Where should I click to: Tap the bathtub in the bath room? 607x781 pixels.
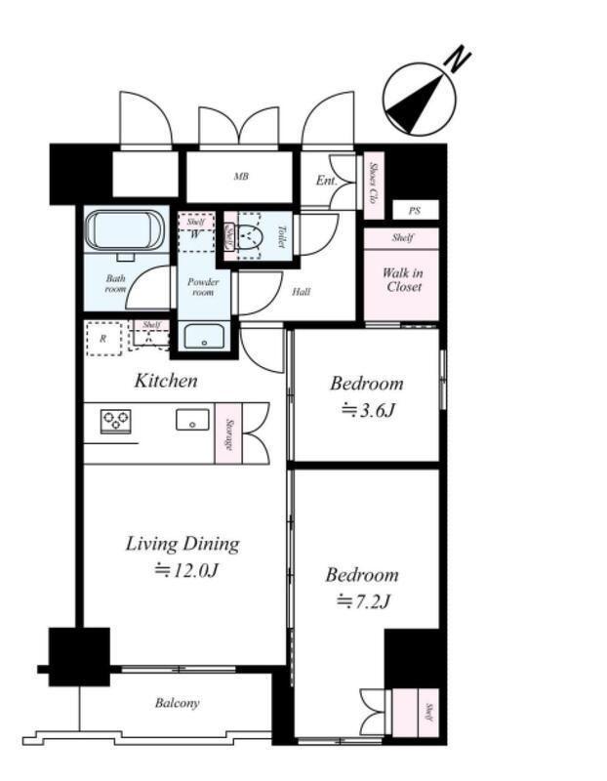[x=125, y=231]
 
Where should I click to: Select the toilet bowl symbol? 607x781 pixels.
[x=249, y=236]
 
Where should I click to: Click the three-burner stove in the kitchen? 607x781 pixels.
[x=116, y=422]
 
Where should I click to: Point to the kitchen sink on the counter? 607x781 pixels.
[x=192, y=420]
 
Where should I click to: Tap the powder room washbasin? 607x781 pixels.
[x=204, y=336]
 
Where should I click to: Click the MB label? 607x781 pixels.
[x=241, y=177]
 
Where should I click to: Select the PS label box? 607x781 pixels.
[x=416, y=210]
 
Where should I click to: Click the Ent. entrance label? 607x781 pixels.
[x=327, y=181]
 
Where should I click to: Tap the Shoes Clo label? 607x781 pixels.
[x=373, y=184]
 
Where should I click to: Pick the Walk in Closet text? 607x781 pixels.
[x=403, y=279]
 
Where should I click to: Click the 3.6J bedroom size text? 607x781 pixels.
[x=368, y=410]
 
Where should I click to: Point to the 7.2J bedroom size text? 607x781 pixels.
[x=363, y=601]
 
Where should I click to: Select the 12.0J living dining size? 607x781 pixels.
[x=186, y=570]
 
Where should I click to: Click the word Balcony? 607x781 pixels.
[x=178, y=703]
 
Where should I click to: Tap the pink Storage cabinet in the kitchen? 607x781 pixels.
[x=228, y=433]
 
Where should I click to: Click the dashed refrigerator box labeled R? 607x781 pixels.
[x=103, y=339]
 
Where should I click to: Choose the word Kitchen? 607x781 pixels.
[x=166, y=381]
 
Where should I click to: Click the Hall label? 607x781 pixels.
[x=302, y=292]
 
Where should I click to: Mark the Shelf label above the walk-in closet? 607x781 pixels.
[x=402, y=237]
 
